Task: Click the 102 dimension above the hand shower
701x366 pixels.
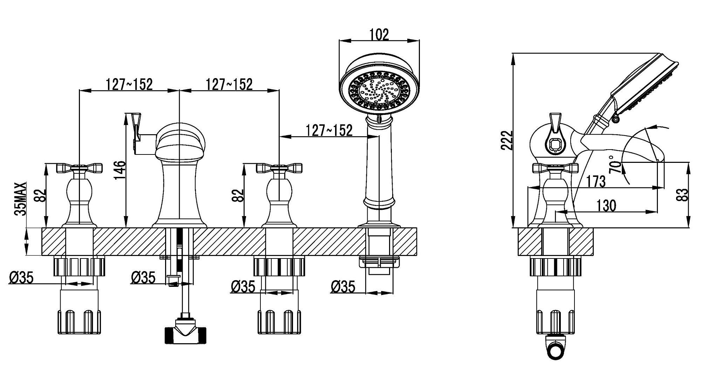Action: click(379, 35)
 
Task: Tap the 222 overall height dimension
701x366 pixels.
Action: click(506, 140)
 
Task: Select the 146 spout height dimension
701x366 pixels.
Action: click(120, 170)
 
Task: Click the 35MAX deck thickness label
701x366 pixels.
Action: click(21, 199)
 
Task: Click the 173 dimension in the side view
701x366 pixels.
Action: click(595, 181)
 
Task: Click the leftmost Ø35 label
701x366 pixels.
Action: click(21, 278)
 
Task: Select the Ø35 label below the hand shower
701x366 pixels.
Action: click(342, 287)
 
